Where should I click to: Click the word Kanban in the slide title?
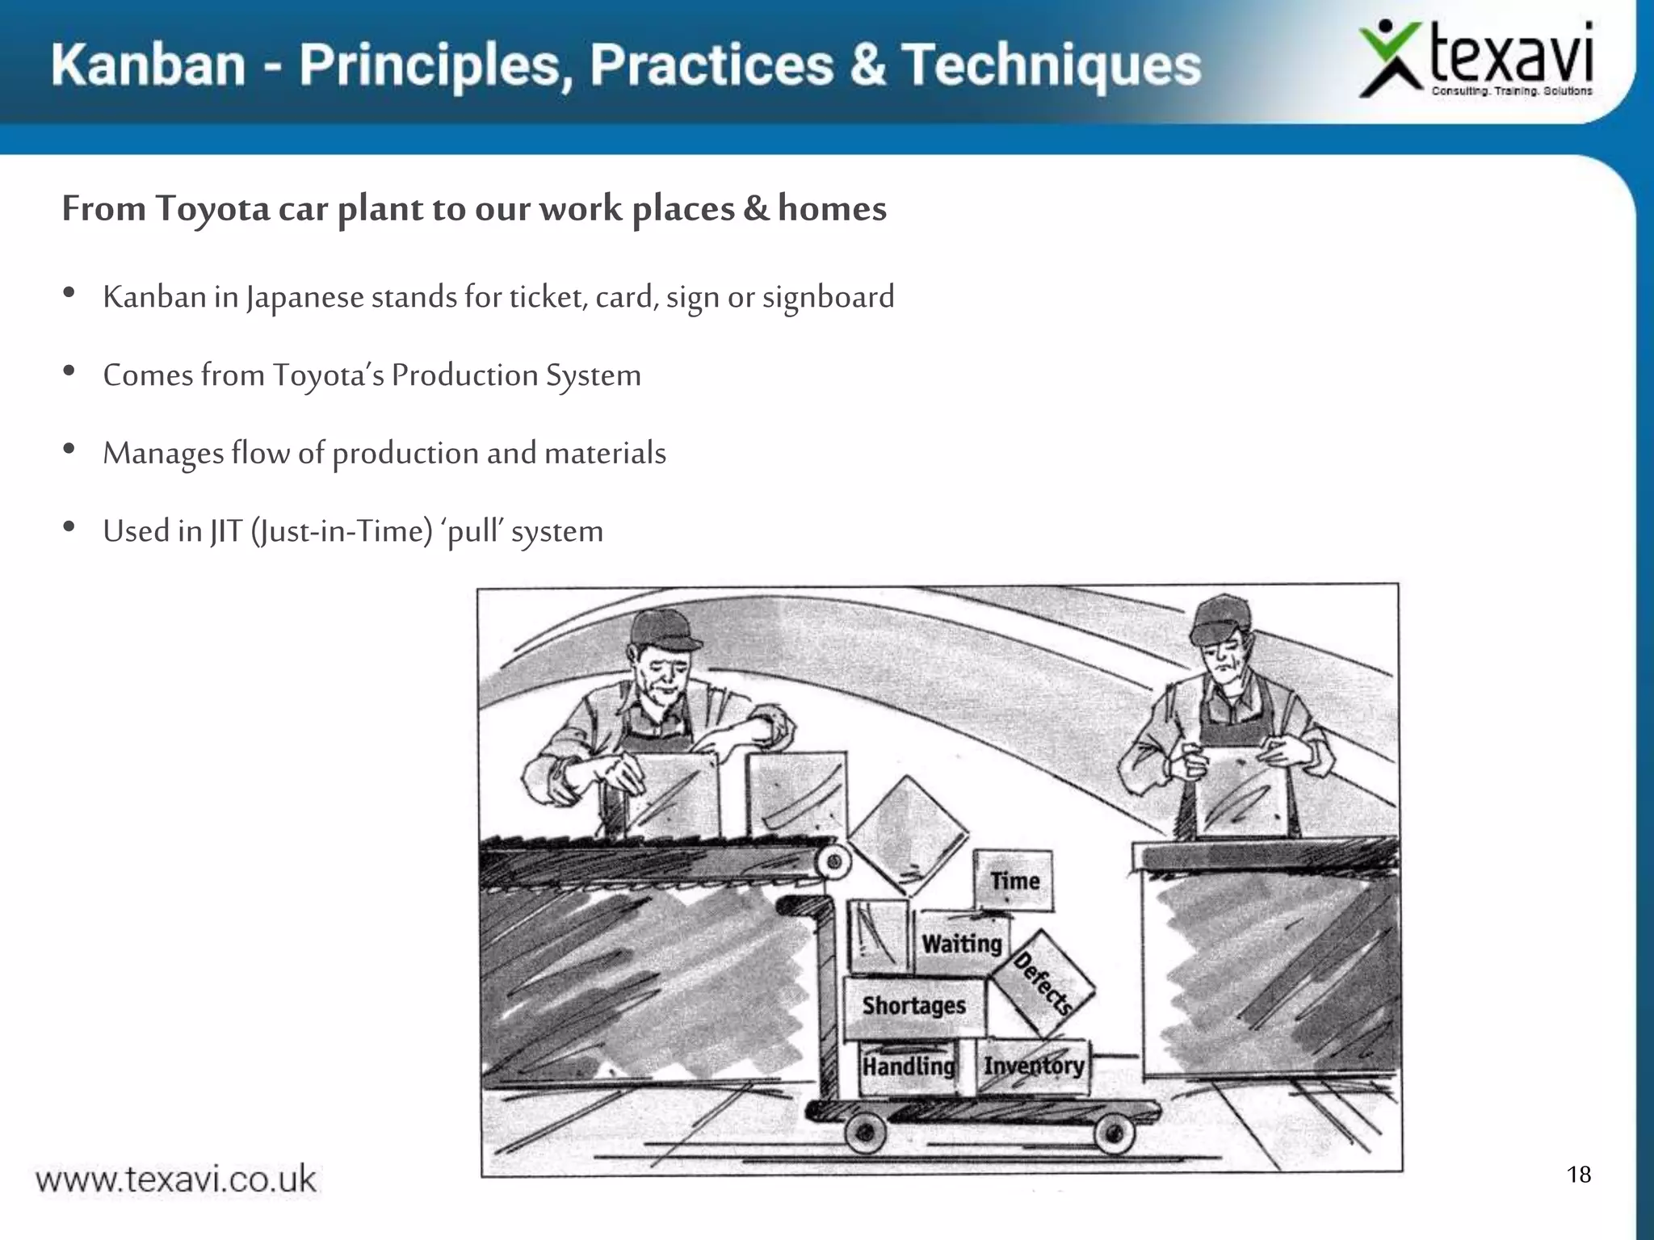[149, 65]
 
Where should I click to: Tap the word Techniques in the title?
[1051, 65]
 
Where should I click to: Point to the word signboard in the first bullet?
[828, 298]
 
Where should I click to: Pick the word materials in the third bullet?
[605, 453]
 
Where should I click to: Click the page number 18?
[1579, 1175]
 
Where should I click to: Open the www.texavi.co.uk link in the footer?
[176, 1179]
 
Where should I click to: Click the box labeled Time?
[1014, 880]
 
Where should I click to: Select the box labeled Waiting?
[962, 943]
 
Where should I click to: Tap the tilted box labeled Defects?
[1042, 983]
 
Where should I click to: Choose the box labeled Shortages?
[915, 1007]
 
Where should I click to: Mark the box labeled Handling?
[909, 1067]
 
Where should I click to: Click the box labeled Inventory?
[1033, 1066]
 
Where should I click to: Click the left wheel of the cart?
[866, 1133]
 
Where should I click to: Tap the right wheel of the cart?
[1115, 1133]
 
